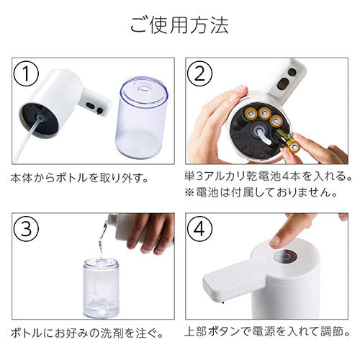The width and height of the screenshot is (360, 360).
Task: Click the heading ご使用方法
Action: (179, 24)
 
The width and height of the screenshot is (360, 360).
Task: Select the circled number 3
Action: (26, 229)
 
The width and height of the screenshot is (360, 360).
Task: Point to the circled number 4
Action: (199, 229)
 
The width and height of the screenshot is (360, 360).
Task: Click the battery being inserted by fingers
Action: (289, 140)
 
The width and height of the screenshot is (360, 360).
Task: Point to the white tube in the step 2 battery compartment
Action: (264, 135)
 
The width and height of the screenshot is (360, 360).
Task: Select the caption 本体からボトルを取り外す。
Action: (79, 179)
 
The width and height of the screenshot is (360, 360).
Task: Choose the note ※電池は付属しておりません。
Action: (261, 192)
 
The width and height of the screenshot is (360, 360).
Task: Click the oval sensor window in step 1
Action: (91, 106)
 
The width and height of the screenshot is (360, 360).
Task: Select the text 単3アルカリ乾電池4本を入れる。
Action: (269, 176)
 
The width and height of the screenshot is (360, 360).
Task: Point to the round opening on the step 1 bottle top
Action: (144, 87)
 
